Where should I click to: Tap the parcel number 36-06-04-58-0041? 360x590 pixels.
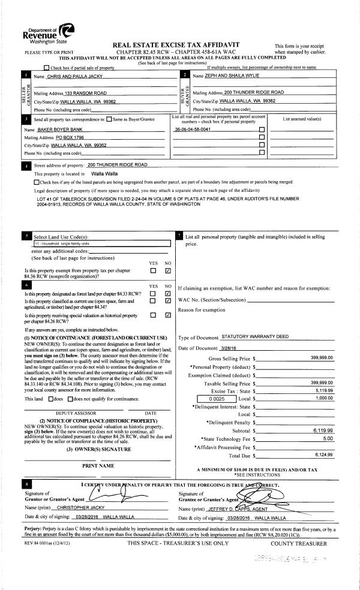(x=192, y=129)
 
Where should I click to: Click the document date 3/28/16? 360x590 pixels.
(x=230, y=348)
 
